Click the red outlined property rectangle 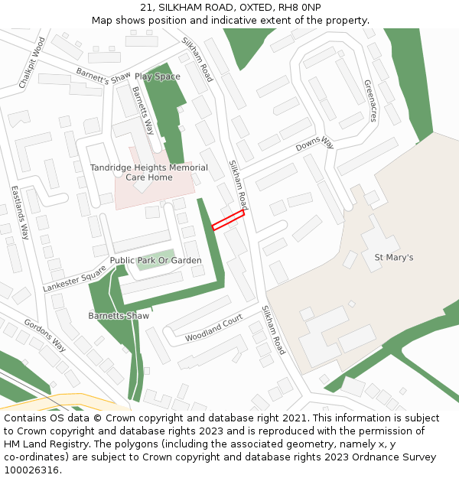click(228, 220)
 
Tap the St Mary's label click(393, 258)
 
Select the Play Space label click(158, 76)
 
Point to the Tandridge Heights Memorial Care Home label click(149, 172)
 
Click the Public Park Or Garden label click(155, 261)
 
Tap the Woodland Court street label click(213, 328)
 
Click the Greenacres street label click(370, 100)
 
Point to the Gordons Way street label click(44, 335)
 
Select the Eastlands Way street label click(20, 212)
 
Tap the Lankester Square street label click(75, 278)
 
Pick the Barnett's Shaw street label click(103, 76)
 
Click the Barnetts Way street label click(143, 110)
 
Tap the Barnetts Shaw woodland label click(119, 316)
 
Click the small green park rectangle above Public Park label click(155, 255)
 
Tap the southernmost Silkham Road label click(273, 330)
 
